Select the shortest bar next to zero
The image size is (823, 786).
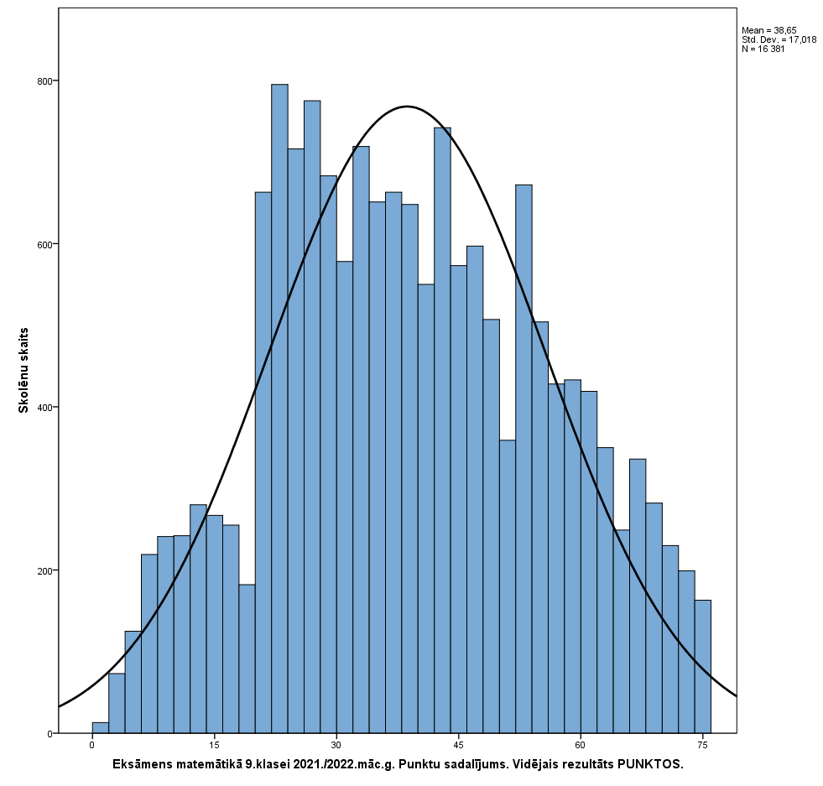coord(100,728)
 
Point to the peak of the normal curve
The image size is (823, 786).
coord(408,107)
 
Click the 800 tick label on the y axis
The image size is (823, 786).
coord(43,81)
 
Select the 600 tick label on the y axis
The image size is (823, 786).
coord(43,245)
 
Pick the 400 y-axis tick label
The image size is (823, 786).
coord(43,408)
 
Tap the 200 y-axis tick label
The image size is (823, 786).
coord(43,571)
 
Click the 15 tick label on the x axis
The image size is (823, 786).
coord(214,745)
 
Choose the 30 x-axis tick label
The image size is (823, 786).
coord(336,745)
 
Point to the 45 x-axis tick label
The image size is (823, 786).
coord(458,745)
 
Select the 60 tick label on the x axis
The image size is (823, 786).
coord(581,745)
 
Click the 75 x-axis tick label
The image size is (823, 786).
coord(702,745)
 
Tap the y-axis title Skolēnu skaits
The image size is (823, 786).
coord(24,370)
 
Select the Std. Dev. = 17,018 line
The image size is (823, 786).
coord(779,39)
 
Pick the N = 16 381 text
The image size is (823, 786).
coord(763,49)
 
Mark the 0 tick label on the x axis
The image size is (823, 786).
coord(92,745)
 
